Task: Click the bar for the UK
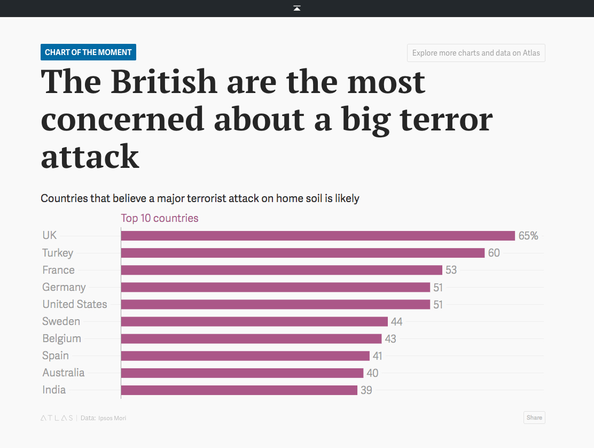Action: (318, 236)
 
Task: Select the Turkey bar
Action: (302, 253)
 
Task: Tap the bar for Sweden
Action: (254, 321)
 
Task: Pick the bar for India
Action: (239, 390)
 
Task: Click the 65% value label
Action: (528, 236)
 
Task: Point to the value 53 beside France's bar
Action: (451, 270)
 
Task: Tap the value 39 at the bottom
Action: (366, 390)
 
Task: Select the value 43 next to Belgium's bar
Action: (390, 339)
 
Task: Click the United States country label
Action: (75, 304)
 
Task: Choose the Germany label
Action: (64, 287)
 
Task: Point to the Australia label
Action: (64, 373)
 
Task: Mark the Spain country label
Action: (56, 356)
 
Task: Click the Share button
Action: (534, 418)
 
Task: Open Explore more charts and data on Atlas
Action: (476, 53)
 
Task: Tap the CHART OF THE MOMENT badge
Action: (88, 52)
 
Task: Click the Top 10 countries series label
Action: (160, 218)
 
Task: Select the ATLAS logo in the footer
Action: (57, 418)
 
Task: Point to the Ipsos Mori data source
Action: (112, 418)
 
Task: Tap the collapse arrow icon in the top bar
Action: (297, 8)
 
